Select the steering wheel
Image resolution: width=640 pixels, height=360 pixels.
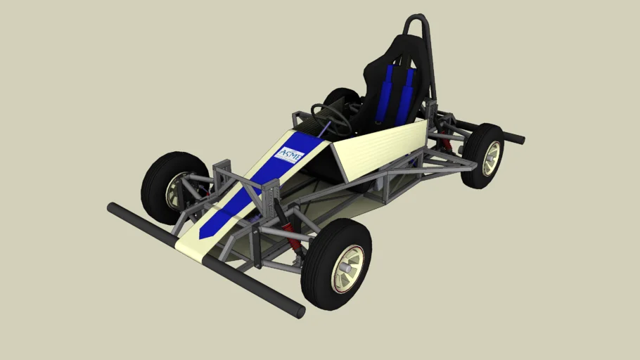331,119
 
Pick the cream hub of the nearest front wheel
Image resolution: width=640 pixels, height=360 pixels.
348,268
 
